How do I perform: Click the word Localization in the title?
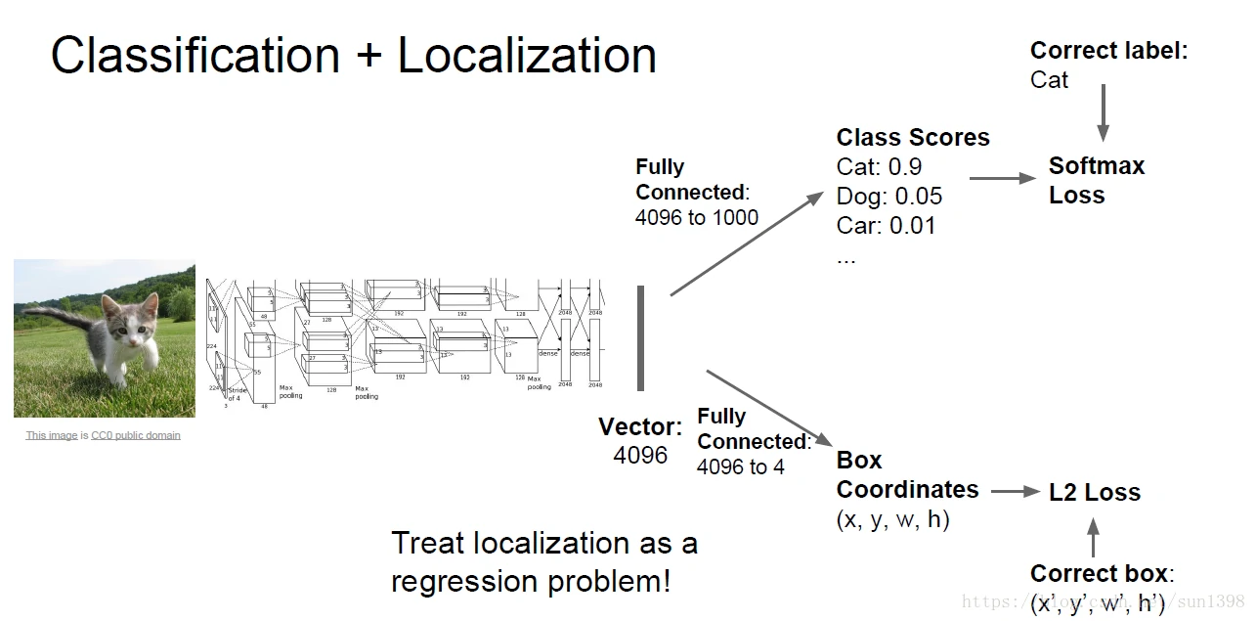(x=527, y=57)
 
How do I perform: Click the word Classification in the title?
(x=195, y=57)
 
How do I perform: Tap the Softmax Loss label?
(x=1096, y=181)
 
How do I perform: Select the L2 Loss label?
(x=1094, y=493)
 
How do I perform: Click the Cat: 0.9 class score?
(x=879, y=167)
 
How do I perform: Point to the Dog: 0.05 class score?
(x=889, y=197)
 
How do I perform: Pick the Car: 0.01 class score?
(x=886, y=226)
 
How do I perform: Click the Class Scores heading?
(x=913, y=138)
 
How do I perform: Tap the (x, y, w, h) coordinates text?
(x=892, y=519)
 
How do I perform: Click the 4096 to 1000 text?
(x=696, y=218)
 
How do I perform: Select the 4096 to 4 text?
(x=740, y=467)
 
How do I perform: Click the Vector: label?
(x=640, y=427)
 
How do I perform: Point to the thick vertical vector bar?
(x=641, y=337)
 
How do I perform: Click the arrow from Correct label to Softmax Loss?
(x=1104, y=112)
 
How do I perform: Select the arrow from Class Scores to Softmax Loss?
(x=1002, y=179)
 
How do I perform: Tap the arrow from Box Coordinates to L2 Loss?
(x=1015, y=492)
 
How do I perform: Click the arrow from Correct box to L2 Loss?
(x=1093, y=538)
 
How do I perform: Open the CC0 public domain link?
(x=136, y=436)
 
